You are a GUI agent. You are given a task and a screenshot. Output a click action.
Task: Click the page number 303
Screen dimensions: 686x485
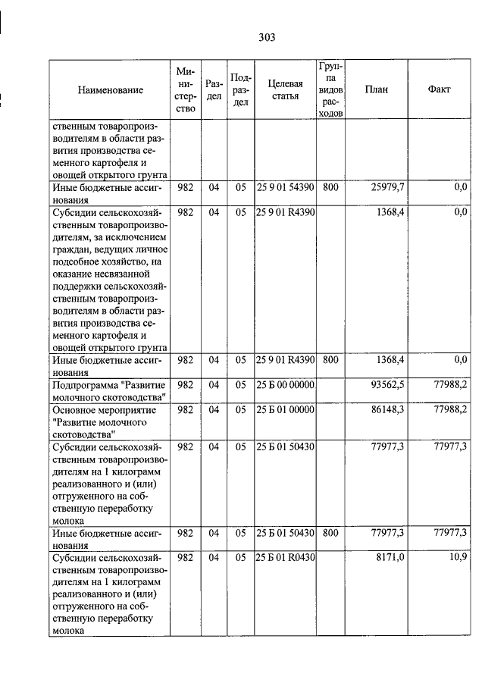tap(266, 37)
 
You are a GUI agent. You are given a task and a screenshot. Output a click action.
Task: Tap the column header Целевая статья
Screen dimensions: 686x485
tap(285, 89)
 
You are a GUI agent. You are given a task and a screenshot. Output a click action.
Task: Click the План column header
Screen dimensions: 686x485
tap(376, 89)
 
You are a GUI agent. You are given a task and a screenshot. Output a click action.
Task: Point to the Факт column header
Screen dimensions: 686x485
tap(439, 89)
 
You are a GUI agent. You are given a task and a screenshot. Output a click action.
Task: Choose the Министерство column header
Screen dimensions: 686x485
tap(185, 89)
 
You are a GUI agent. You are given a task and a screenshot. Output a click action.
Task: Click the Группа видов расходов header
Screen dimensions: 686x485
tap(330, 89)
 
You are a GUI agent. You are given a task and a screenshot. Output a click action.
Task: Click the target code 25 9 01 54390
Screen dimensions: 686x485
tap(285, 186)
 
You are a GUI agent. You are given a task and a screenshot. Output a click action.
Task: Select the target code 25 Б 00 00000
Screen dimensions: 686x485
tap(285, 385)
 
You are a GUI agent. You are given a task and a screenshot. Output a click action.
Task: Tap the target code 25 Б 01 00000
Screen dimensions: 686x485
tap(285, 409)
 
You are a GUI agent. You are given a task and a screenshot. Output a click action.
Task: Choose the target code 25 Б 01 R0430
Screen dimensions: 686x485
tap(285, 558)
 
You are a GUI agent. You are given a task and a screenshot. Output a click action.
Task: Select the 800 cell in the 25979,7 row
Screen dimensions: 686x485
tap(330, 186)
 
